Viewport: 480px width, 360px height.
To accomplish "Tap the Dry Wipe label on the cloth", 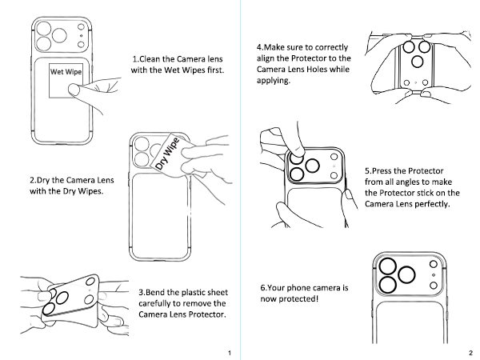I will click(166, 156).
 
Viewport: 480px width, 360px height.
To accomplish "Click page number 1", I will click(230, 353).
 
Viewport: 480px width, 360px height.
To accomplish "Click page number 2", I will click(470, 353).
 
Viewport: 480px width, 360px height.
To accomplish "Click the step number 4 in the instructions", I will click(259, 47).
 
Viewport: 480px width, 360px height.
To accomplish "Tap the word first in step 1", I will click(211, 70).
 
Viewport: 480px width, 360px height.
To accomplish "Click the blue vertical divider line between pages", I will click(240, 180).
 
